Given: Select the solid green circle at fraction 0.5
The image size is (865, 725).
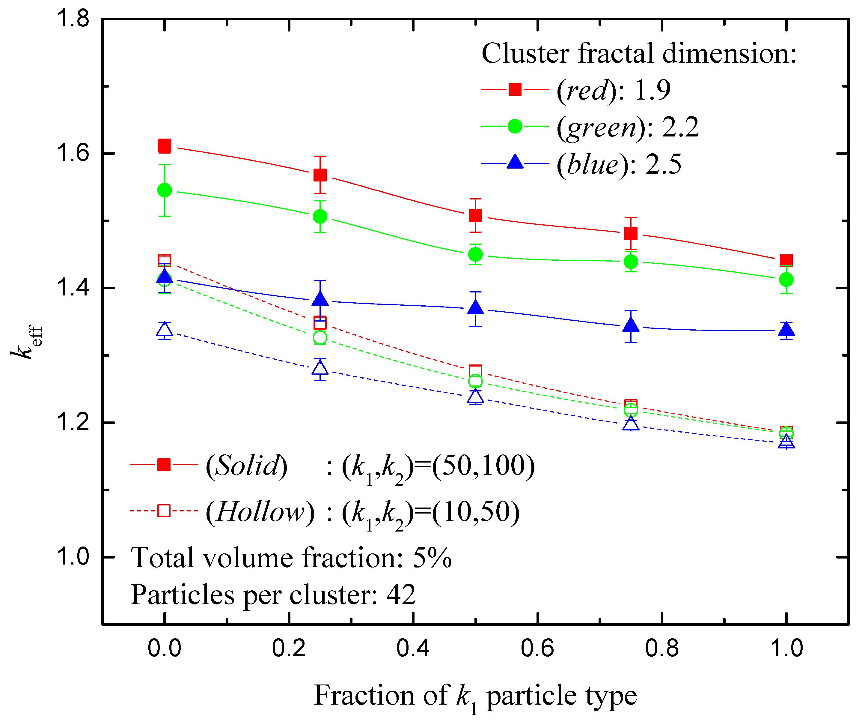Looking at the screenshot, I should pyautogui.click(x=476, y=254).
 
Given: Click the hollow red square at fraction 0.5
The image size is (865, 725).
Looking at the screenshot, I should pyautogui.click(x=476, y=371).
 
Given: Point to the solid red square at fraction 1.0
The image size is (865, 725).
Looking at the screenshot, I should pyautogui.click(x=786, y=260).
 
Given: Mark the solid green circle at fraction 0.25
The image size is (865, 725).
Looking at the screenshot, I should pyautogui.click(x=320, y=216).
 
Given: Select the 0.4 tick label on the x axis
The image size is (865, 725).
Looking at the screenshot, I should pyautogui.click(x=413, y=648).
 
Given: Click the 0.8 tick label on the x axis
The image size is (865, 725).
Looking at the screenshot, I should pyautogui.click(x=661, y=648).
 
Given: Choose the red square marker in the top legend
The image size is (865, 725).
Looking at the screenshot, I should pyautogui.click(x=515, y=89).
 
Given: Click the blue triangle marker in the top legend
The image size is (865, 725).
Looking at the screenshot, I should pyautogui.click(x=515, y=162).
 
